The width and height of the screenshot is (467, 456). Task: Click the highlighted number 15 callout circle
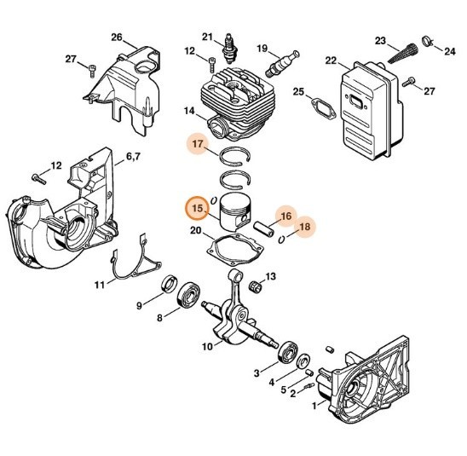(198, 207)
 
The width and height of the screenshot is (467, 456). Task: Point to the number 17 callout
(198, 145)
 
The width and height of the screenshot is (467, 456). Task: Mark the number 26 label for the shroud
(117, 38)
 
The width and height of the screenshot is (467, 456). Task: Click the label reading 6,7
(134, 157)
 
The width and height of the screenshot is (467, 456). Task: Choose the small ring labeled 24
(432, 38)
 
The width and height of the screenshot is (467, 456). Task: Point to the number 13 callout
(270, 277)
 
